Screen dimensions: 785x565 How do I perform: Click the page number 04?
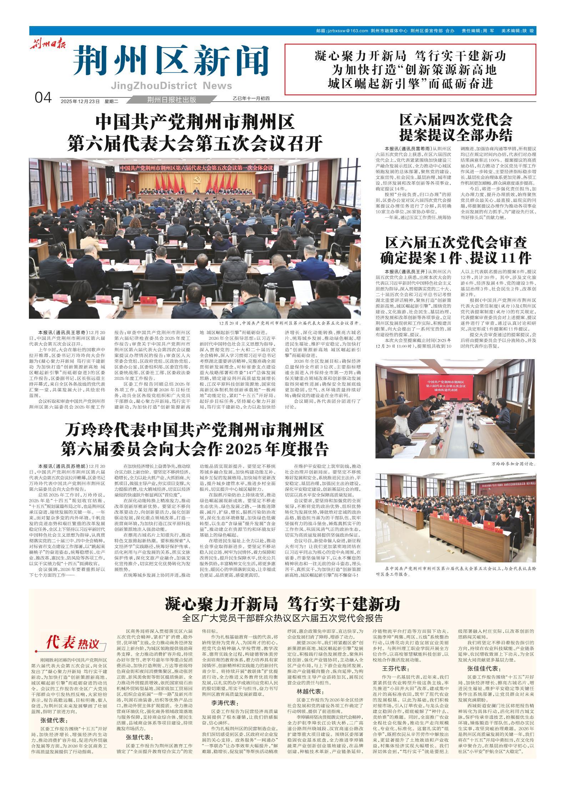click(44, 98)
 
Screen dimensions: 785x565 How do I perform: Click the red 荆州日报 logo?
click(47, 45)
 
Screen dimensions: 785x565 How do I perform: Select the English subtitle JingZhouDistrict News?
click(171, 86)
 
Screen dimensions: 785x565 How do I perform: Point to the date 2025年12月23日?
click(80, 101)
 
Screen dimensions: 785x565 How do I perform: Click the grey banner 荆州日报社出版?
click(171, 100)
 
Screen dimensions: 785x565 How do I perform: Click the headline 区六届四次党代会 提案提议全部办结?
click(456, 128)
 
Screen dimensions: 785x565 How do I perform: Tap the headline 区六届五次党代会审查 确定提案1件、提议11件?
click(456, 250)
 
